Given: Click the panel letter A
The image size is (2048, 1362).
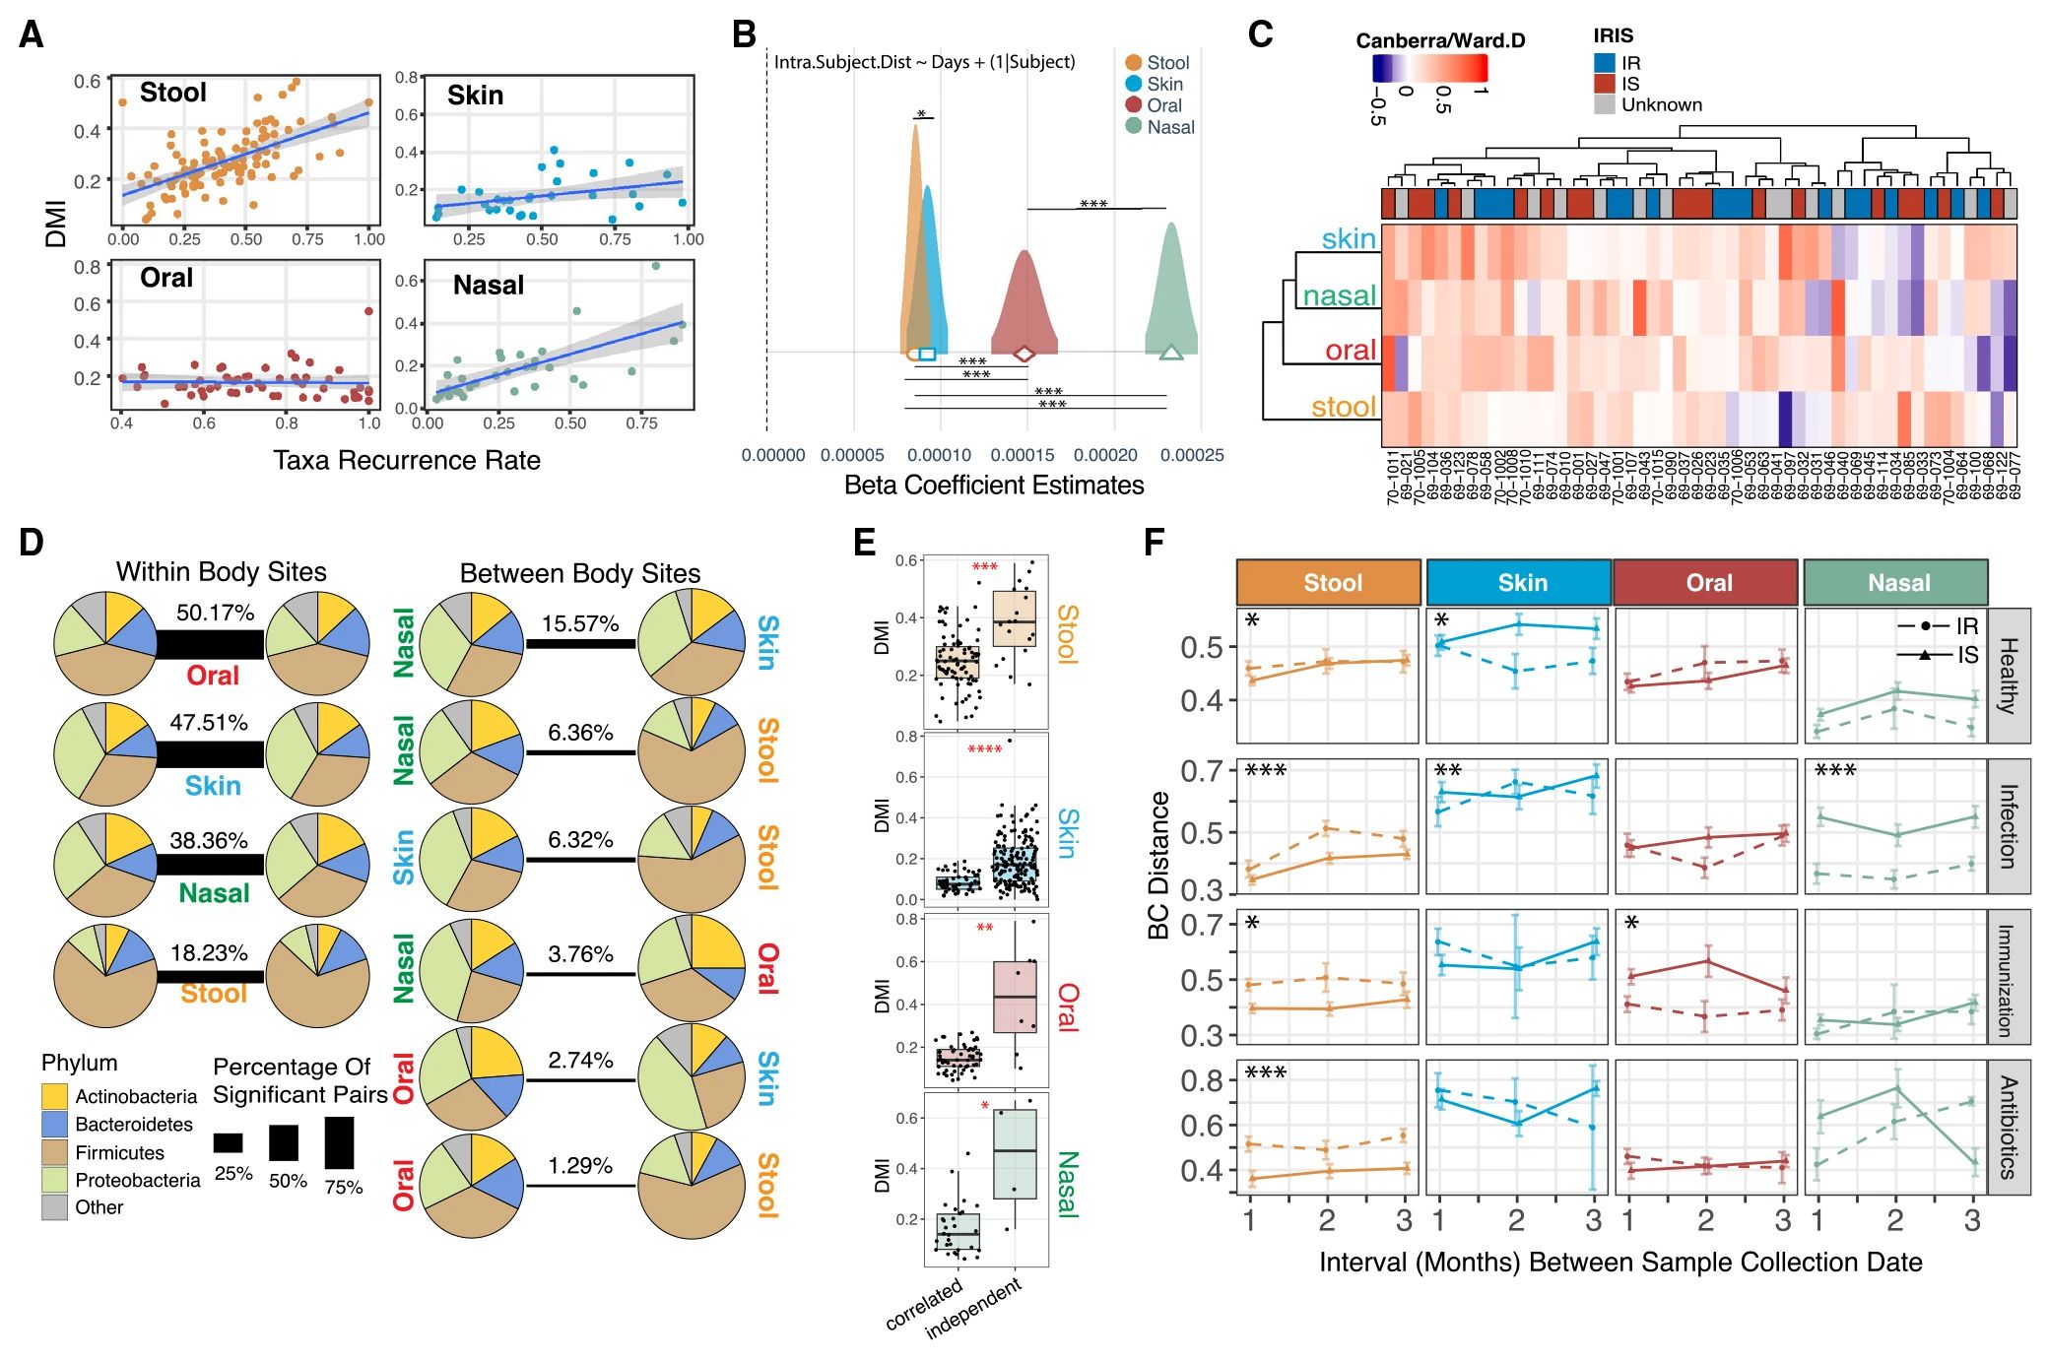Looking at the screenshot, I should [x=32, y=35].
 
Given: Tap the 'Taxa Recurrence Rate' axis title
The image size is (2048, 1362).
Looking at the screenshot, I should [x=407, y=461].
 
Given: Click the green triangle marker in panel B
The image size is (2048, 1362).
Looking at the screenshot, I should [x=1170, y=352].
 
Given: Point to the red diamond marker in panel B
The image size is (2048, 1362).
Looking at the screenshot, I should [x=1024, y=353].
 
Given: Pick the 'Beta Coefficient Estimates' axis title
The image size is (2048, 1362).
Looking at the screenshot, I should [x=993, y=486].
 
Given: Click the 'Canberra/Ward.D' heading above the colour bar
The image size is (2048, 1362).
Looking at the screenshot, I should [x=1440, y=40].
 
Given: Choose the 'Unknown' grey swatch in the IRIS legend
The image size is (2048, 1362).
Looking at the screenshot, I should [x=1604, y=104].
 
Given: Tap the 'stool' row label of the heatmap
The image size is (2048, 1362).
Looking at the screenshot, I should [x=1343, y=407].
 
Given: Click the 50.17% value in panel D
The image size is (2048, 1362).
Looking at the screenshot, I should [x=215, y=613].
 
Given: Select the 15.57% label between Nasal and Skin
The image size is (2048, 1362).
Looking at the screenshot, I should [x=580, y=623].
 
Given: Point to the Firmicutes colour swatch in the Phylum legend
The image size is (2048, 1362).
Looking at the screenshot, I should [x=55, y=1152].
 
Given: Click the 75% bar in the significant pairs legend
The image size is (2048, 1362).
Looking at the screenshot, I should [x=339, y=1142].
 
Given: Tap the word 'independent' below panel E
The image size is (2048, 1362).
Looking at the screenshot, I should [x=972, y=1309].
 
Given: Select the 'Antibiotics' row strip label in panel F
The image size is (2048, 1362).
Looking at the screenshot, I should [x=2010, y=1127].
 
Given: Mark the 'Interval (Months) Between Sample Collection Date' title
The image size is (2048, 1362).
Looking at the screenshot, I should [x=1619, y=1263].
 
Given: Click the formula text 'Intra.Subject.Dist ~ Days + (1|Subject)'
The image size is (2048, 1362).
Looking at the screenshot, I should [x=924, y=62].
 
